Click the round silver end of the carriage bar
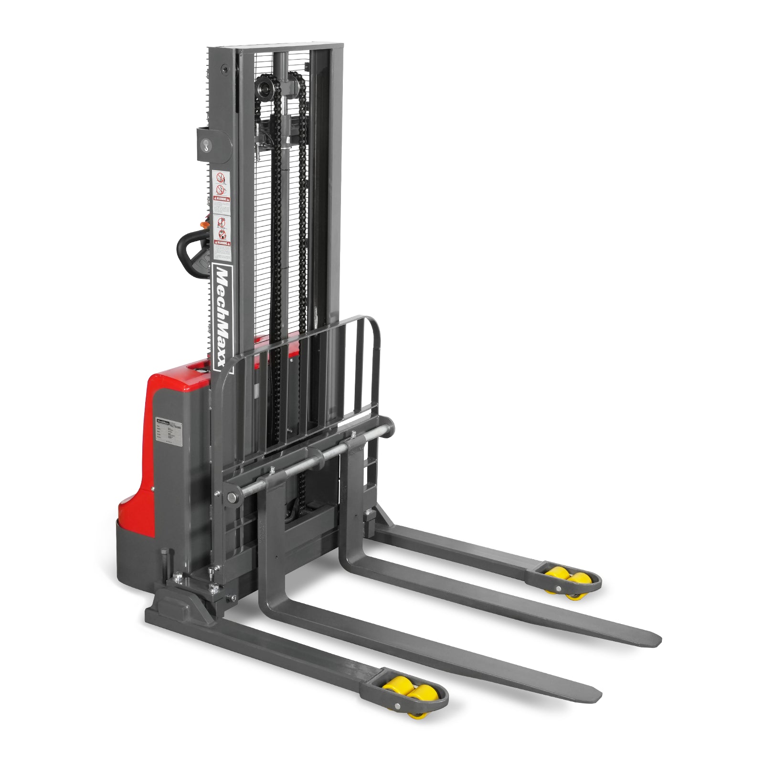[x=233, y=497]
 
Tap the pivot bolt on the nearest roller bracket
[x=397, y=708]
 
